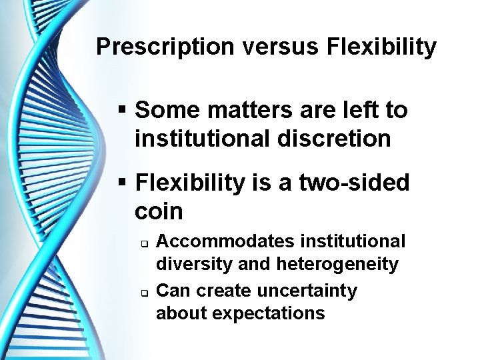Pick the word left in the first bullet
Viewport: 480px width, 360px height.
(344, 110)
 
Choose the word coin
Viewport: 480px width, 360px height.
(159, 211)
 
